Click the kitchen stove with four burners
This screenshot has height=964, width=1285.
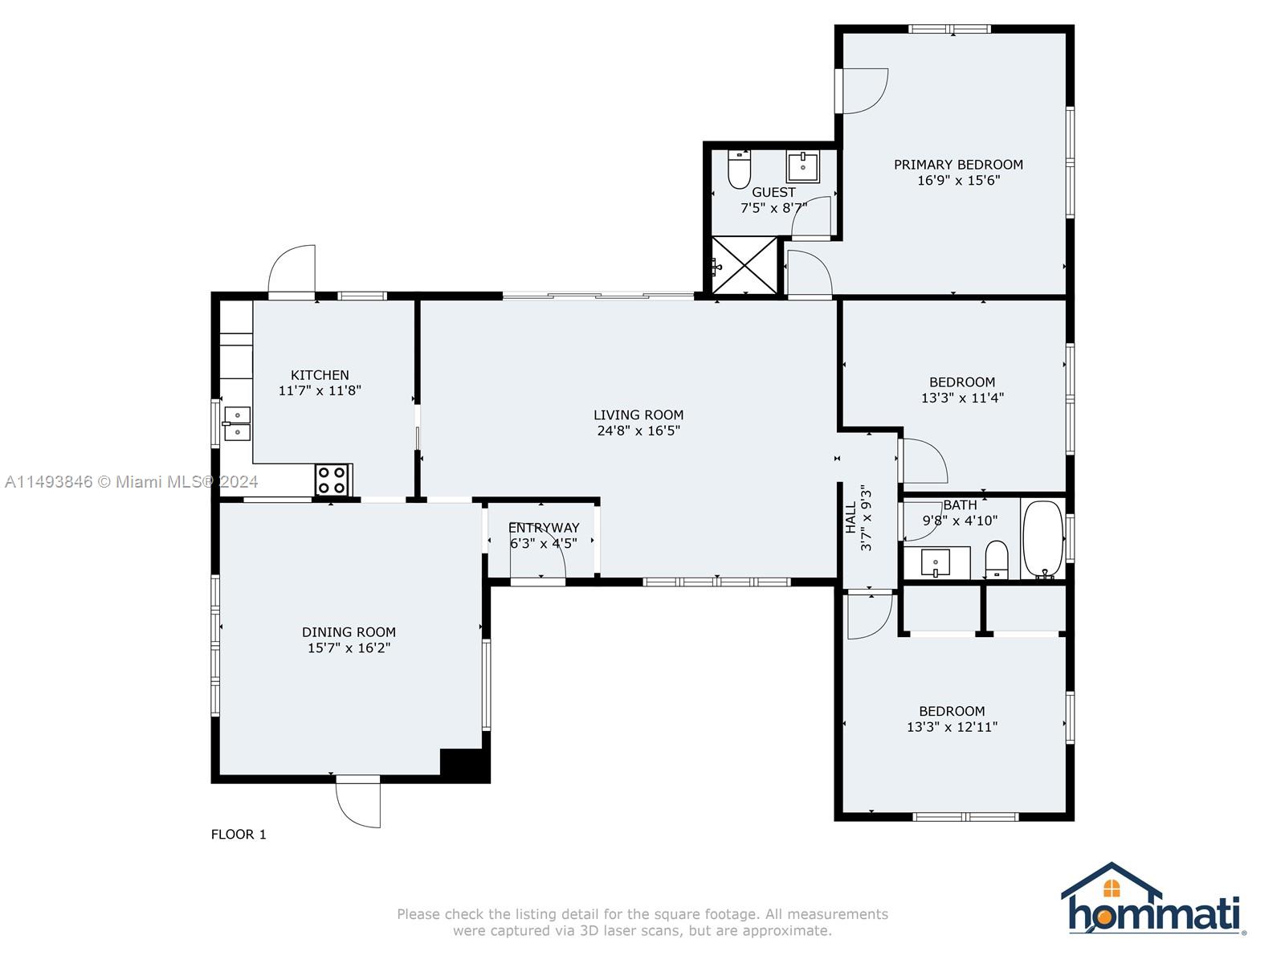(x=333, y=480)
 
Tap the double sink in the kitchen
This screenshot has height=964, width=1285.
(x=236, y=424)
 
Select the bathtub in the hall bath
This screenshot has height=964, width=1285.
(x=1042, y=538)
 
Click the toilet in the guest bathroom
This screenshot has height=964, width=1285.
(x=739, y=170)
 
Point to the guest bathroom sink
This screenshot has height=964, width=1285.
(x=802, y=167)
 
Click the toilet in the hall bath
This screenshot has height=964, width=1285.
(x=996, y=560)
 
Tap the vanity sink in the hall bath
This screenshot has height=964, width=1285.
(x=936, y=562)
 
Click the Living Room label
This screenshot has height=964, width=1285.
(x=638, y=415)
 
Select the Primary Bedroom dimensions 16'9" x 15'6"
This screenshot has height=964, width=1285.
(x=958, y=180)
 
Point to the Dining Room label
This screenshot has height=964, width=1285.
(x=349, y=632)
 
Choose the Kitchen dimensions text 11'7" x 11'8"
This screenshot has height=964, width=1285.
(x=320, y=390)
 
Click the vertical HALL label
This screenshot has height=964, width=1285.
(x=851, y=517)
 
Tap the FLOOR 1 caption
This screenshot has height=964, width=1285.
(x=239, y=835)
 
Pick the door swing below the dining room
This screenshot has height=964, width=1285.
(x=358, y=806)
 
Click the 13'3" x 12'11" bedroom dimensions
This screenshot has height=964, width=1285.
(x=952, y=727)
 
